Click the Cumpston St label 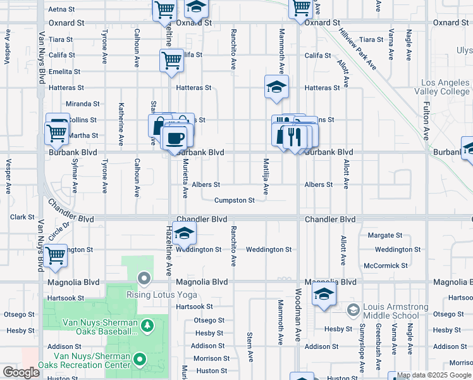click(x=234, y=201)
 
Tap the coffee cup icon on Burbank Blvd click(x=175, y=137)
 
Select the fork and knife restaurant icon click(x=293, y=136)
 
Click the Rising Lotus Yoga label click(x=162, y=294)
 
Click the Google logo click(x=21, y=372)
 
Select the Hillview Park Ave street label click(x=357, y=49)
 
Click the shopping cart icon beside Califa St click(x=171, y=61)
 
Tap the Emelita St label click(x=64, y=72)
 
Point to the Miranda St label click(x=83, y=104)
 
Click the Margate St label click(x=384, y=235)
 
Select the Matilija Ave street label click(x=266, y=177)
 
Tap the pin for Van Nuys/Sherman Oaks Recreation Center click(x=143, y=359)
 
